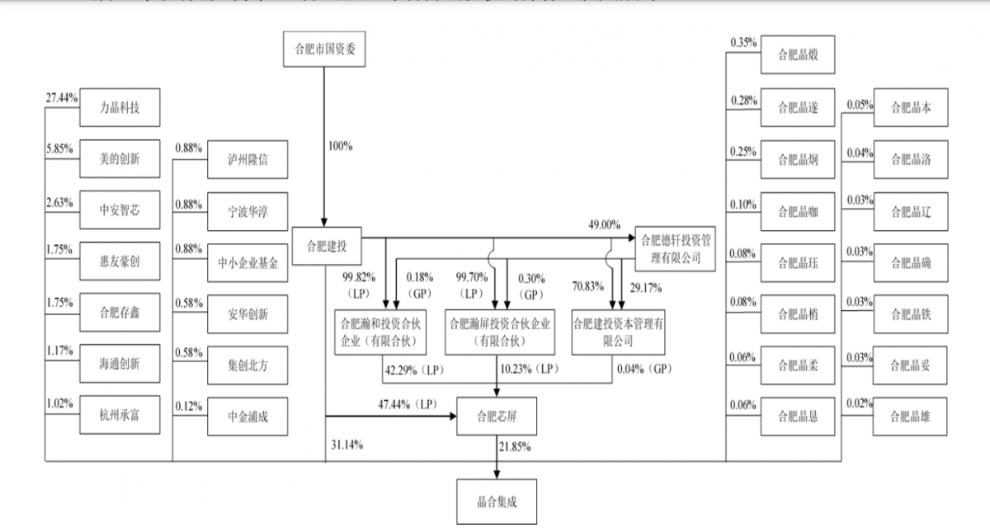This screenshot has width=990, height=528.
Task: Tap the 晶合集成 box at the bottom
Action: (x=497, y=501)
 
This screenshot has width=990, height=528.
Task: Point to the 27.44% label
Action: (x=62, y=97)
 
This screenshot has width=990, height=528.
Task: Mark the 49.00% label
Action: (x=603, y=224)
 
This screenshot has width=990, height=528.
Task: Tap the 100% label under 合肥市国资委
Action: (x=340, y=146)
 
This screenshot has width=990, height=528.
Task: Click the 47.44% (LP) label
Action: (x=406, y=405)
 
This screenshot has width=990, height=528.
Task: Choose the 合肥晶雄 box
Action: (x=911, y=417)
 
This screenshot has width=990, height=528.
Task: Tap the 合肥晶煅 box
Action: (x=798, y=56)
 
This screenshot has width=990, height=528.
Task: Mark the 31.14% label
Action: (x=346, y=445)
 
